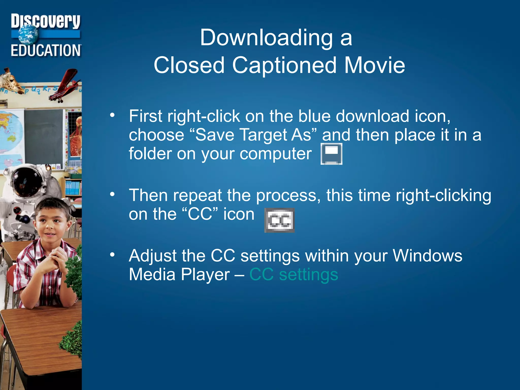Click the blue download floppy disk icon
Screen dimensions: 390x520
pos(331,154)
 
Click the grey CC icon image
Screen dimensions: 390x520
pos(280,220)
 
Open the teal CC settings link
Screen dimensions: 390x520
pos(294,274)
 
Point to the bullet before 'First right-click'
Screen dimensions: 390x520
pos(112,116)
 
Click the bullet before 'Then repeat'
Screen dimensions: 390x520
pos(112,195)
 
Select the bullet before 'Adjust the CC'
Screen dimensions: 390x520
pos(112,255)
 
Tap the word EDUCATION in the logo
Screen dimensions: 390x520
pos(46,50)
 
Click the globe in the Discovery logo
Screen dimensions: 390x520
pos(28,35)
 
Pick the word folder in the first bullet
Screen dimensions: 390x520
pos(150,153)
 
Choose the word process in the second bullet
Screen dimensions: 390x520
pos(286,195)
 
